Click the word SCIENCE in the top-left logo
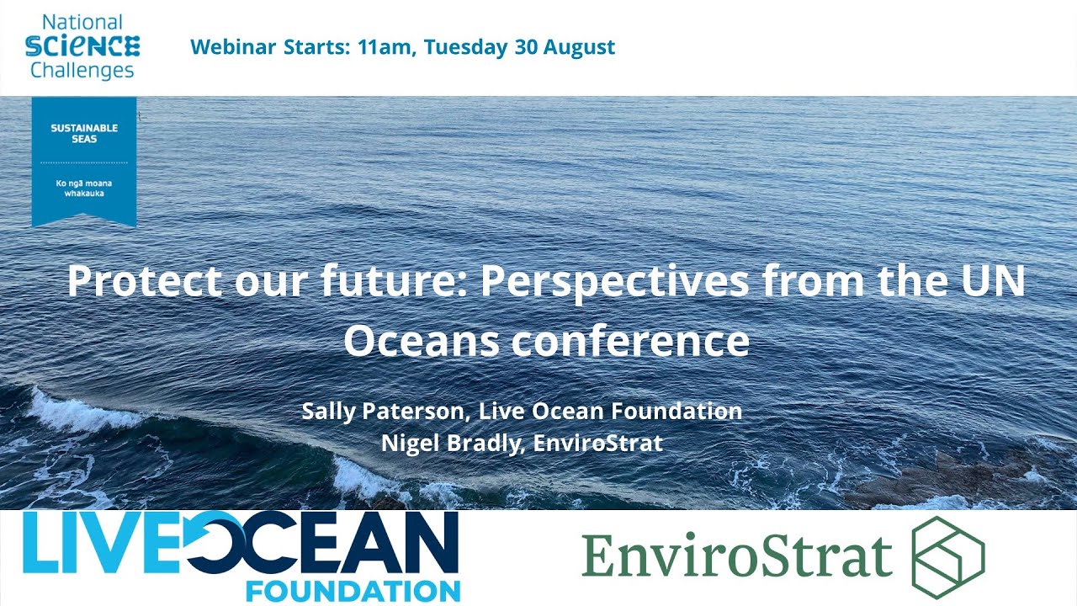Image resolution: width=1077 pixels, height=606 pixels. [82, 45]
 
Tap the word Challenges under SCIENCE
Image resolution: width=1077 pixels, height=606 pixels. [82, 69]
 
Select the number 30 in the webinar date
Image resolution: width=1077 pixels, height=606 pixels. [525, 47]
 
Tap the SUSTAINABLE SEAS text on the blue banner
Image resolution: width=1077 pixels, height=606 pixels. [84, 133]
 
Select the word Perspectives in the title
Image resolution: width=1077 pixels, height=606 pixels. [614, 281]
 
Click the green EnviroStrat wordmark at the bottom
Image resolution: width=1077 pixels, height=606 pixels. [736, 556]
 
